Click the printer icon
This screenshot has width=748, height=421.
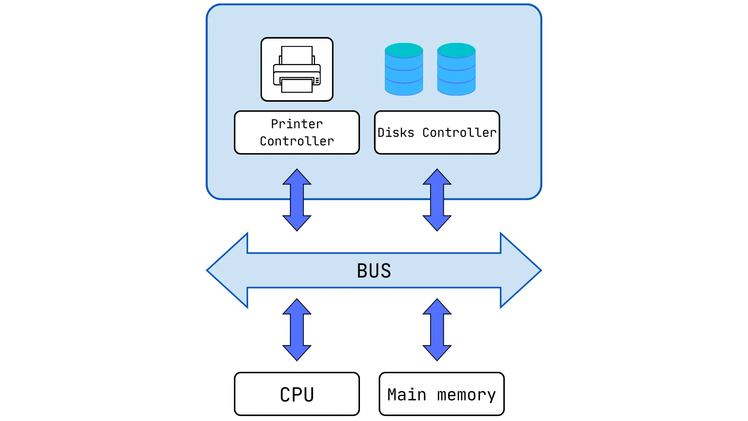point(297,69)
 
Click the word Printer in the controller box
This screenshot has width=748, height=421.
point(297,124)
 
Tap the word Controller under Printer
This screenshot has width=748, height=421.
point(297,141)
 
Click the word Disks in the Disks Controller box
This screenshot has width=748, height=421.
point(395,133)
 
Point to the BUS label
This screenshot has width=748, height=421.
point(374,271)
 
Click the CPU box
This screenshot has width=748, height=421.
point(297,394)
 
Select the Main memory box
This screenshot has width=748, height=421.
point(441,394)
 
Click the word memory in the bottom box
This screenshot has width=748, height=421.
point(466,395)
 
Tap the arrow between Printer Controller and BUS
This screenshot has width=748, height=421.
point(297,200)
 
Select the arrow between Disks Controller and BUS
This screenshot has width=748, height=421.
point(437,200)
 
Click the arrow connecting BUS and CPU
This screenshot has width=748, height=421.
point(297,330)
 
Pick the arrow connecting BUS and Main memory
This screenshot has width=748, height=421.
point(437,330)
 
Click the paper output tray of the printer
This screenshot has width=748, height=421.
point(297,86)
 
